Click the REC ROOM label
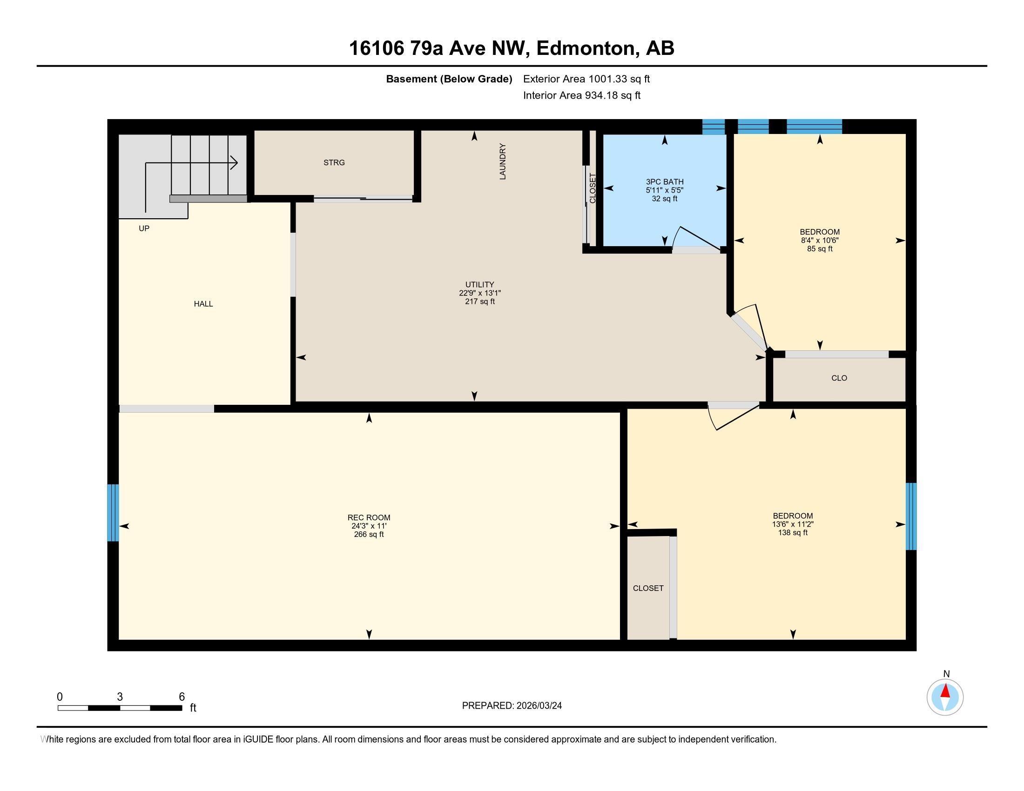pos(369,517)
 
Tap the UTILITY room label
pos(479,284)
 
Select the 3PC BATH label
pos(664,182)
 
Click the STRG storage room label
pos(334,162)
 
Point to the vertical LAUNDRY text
pos(503,161)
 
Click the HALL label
pos(203,304)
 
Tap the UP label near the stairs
pos(144,228)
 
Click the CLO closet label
pos(839,378)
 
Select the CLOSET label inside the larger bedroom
pos(648,588)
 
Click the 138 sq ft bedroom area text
pos(792,533)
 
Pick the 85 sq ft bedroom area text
pos(820,249)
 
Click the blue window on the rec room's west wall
pos(113,513)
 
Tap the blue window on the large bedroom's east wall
pos(910,516)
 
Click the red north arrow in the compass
pos(945,691)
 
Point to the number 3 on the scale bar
pos(120,697)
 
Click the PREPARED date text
pos(512,706)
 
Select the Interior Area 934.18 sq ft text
pos(581,95)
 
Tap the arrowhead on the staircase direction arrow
pos(234,163)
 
